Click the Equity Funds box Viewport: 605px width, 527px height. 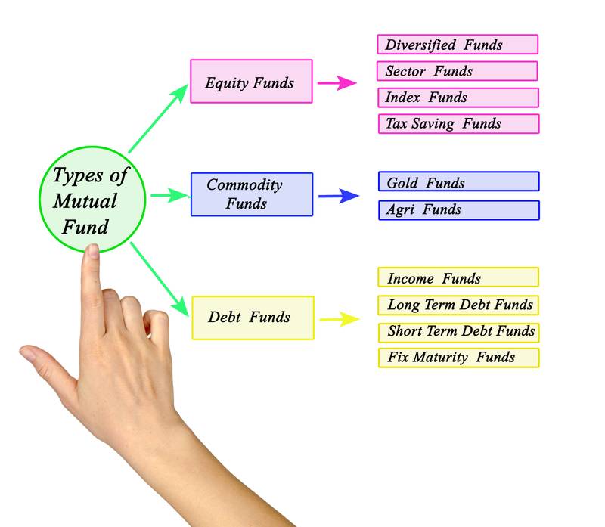click(x=250, y=82)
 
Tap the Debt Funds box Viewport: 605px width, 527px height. click(x=250, y=318)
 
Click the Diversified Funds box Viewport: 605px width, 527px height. click(x=458, y=45)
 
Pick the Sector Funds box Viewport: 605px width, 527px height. click(x=458, y=71)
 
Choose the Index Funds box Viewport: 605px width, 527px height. click(x=458, y=98)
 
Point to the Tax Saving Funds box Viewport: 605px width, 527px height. click(x=458, y=124)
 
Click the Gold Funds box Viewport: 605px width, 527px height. click(x=458, y=182)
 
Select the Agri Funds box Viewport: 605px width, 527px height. click(x=458, y=209)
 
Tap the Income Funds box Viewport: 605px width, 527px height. click(x=458, y=277)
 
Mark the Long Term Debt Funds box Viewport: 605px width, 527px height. click(x=458, y=305)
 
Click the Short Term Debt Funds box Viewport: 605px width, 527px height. click(x=458, y=331)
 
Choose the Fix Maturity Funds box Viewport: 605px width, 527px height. click(x=458, y=358)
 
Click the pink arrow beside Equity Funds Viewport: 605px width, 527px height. click(x=337, y=82)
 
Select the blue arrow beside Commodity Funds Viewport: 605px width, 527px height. click(x=339, y=197)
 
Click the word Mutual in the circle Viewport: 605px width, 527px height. click(x=85, y=202)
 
